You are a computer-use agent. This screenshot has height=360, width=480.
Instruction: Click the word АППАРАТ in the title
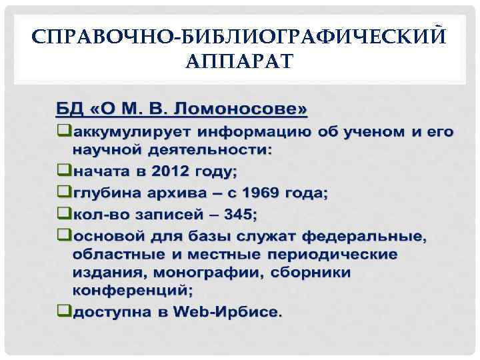click(239, 63)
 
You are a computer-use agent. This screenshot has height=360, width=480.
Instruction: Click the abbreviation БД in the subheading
click(67, 108)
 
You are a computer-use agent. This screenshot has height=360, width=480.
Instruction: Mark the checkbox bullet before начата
click(64, 171)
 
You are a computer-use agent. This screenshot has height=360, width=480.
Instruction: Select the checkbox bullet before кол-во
click(64, 214)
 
